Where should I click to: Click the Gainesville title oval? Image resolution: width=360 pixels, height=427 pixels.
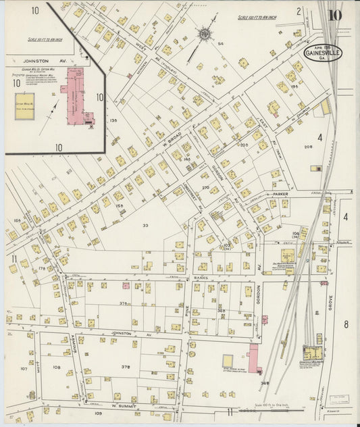pyautogui.click(x=322, y=53)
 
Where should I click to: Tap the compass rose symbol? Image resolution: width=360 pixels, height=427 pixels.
pyautogui.click(x=203, y=32)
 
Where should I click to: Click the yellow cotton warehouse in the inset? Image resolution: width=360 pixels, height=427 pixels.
pyautogui.click(x=25, y=106)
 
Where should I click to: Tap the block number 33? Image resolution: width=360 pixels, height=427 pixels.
pyautogui.click(x=145, y=225)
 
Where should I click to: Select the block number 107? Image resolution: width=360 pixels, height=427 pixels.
pyautogui.click(x=24, y=369)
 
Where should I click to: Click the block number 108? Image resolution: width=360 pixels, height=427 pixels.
pyautogui.click(x=57, y=368)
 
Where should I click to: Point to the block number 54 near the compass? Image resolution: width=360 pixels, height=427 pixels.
pyautogui.click(x=220, y=43)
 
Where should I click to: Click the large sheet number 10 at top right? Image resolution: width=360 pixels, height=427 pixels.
pyautogui.click(x=335, y=15)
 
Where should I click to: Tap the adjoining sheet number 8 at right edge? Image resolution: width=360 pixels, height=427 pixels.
pyautogui.click(x=346, y=324)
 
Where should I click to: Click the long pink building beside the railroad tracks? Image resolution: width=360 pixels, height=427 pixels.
pyautogui.click(x=254, y=358)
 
